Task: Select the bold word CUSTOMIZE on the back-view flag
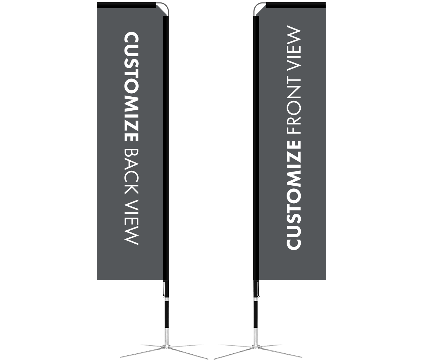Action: (x=132, y=86)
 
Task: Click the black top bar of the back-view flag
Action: (x=126, y=5)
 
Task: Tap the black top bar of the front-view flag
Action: (x=296, y=5)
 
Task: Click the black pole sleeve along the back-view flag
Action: (x=166, y=148)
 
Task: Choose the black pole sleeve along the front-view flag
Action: (x=256, y=148)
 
